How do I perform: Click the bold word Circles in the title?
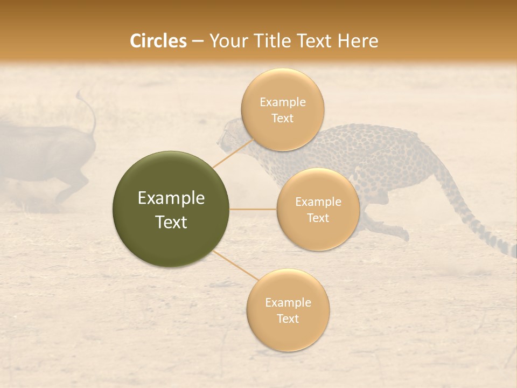coord(158,41)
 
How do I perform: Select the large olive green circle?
coord(171,209)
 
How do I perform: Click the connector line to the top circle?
coord(233,154)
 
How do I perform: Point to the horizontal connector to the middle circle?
coord(253,209)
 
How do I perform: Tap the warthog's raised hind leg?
coord(75,186)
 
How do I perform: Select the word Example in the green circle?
coord(171,198)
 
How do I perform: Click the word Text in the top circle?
coord(282,119)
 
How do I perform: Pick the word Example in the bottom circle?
coord(288,302)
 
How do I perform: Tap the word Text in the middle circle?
coord(318,218)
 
